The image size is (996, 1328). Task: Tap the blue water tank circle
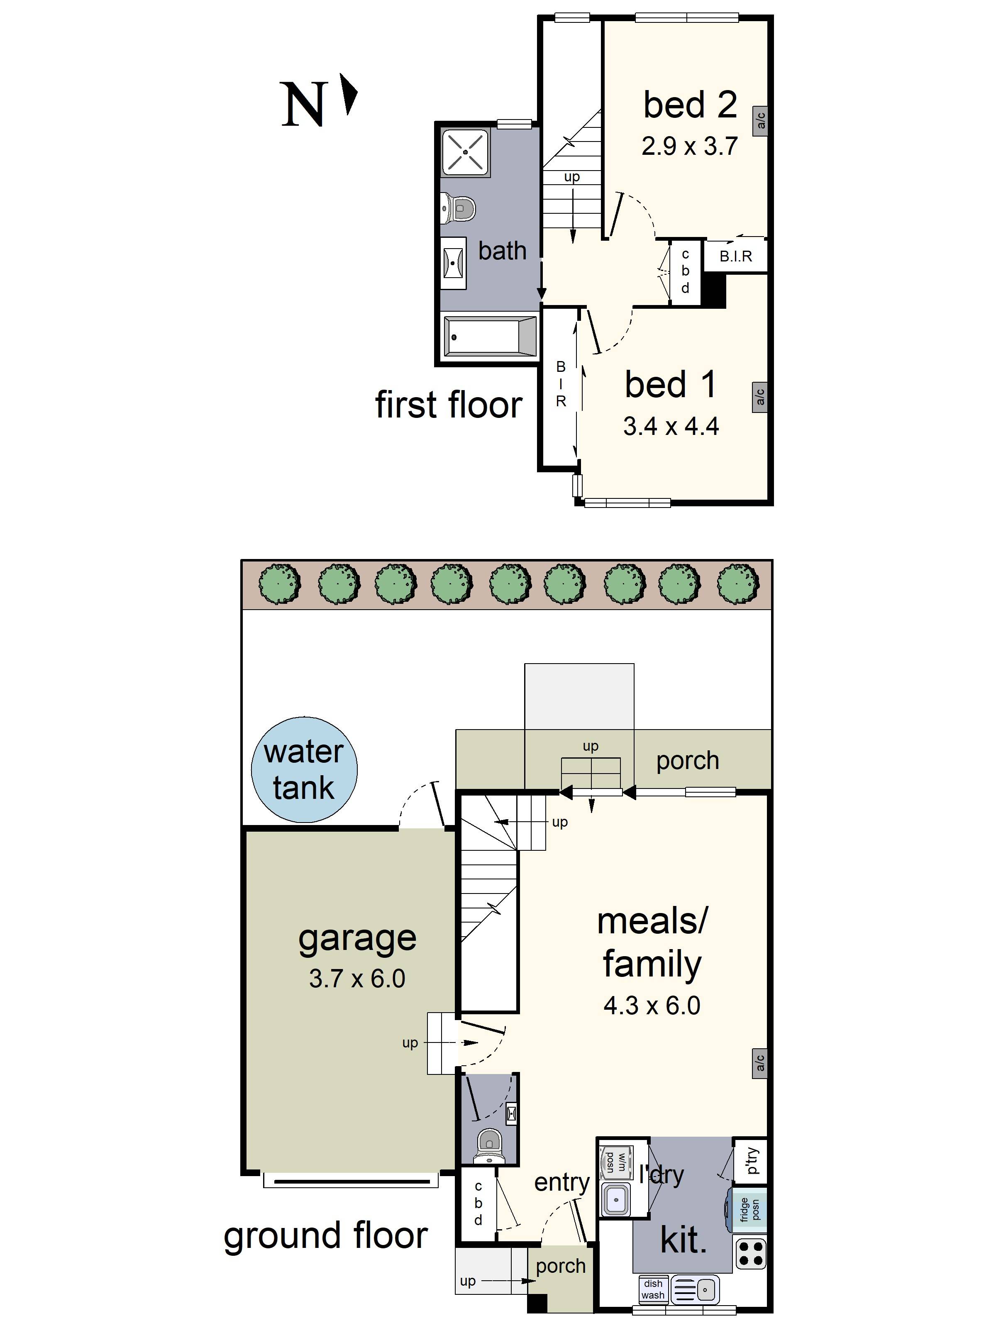click(304, 770)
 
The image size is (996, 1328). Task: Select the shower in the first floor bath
click(465, 152)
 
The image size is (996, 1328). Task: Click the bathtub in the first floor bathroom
click(490, 337)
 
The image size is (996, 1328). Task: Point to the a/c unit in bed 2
click(760, 121)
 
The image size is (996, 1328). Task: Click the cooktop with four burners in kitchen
click(750, 1254)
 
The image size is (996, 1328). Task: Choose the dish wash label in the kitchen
click(653, 1289)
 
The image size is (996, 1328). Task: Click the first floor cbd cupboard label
click(685, 271)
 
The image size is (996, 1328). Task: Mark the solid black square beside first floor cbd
click(714, 290)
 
